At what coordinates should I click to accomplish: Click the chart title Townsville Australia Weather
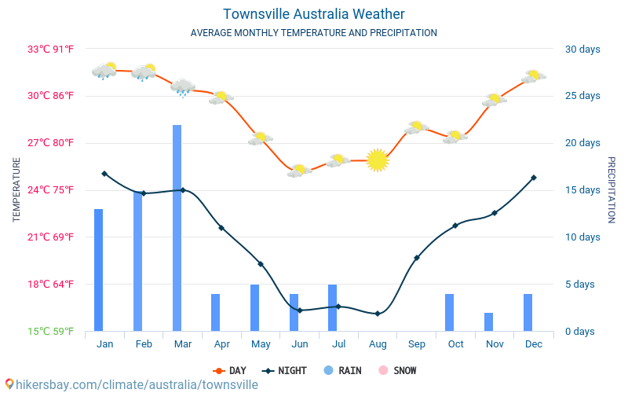click(x=313, y=14)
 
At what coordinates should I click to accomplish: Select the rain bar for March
click(x=177, y=228)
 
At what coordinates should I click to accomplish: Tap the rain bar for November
click(x=488, y=321)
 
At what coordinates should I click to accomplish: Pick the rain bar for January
click(x=99, y=270)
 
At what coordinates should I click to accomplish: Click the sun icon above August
click(x=378, y=160)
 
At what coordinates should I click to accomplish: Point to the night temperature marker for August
click(x=378, y=314)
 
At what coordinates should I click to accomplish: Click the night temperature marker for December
click(x=534, y=178)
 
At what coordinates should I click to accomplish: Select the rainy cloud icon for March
click(x=182, y=86)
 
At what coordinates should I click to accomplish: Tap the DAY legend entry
click(x=229, y=371)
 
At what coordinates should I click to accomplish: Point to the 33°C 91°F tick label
click(x=51, y=49)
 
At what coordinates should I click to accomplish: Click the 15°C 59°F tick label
click(x=51, y=332)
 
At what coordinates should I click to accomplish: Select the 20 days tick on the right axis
click(x=582, y=143)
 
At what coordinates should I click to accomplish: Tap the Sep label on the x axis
click(x=417, y=344)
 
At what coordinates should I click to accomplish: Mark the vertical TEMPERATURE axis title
click(x=16, y=189)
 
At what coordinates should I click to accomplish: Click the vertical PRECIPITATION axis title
click(x=611, y=189)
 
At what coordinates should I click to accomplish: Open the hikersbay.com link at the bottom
click(x=131, y=384)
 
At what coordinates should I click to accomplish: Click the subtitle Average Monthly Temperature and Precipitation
click(x=313, y=33)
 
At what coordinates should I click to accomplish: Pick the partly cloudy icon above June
click(x=299, y=170)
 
